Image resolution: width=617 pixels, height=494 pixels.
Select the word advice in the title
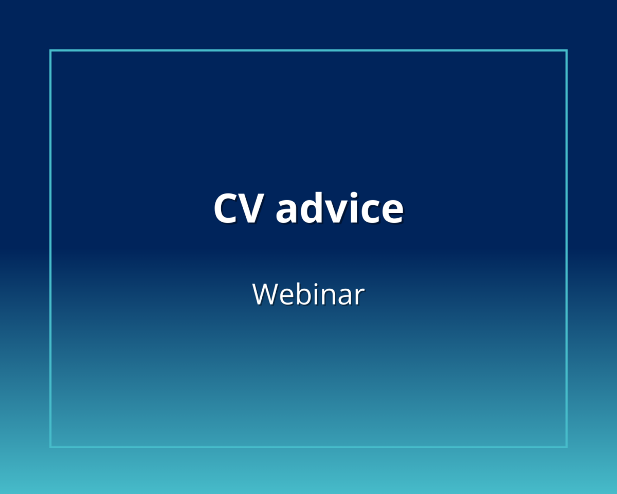click(339, 208)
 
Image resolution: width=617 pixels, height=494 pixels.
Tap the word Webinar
click(308, 294)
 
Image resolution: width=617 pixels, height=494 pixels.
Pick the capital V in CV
click(250, 208)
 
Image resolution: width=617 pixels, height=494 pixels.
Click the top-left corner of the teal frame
click(51, 51)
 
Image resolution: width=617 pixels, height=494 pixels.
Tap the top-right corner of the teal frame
click(566, 51)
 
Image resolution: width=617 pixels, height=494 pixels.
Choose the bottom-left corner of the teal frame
click(51, 446)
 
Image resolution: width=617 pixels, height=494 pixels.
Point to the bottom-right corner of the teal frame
click(566, 446)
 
